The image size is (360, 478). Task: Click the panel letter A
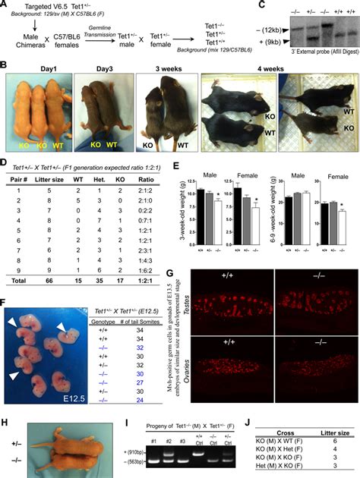coord(6,5)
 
